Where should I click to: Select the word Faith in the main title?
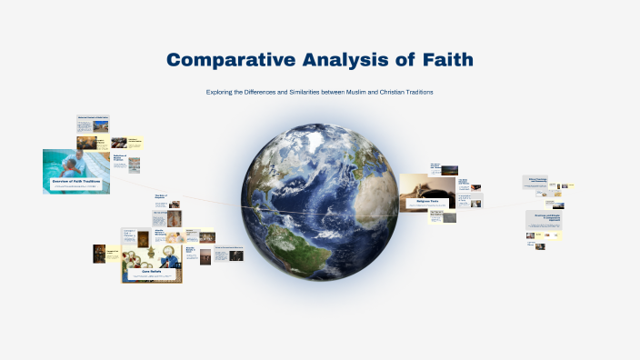(442, 61)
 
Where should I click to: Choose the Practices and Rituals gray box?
(545, 217)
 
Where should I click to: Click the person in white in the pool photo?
(79, 164)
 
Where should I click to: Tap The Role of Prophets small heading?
(162, 195)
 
